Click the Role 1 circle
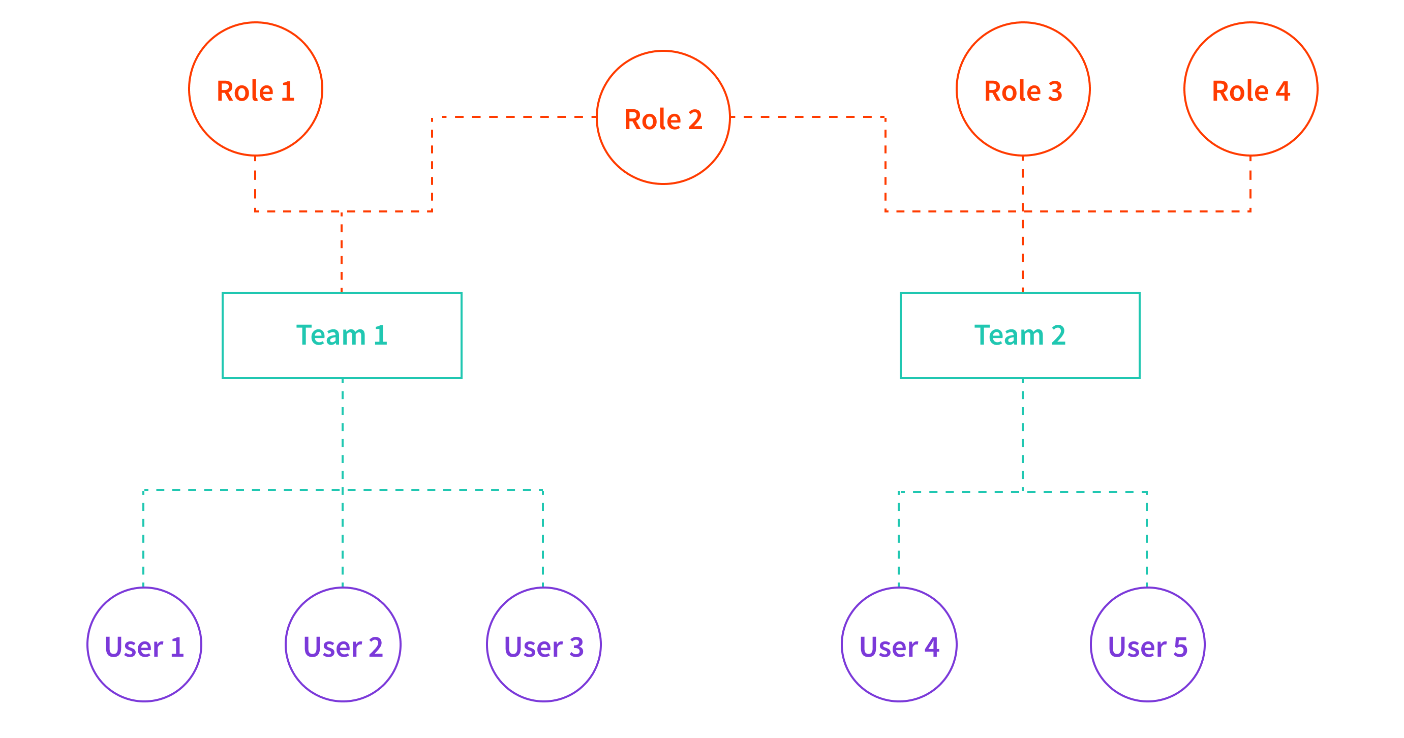coord(256,89)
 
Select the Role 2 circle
coord(663,118)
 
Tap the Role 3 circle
coord(1023,89)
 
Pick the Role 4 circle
coord(1251,89)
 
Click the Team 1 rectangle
coord(342,335)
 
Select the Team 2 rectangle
coord(1020,335)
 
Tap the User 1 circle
coord(144,644)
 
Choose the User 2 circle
coord(343,644)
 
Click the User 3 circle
coord(543,644)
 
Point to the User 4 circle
coord(899,644)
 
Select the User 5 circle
coord(1147,644)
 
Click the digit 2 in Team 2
coord(1058,335)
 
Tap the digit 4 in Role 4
coord(1283,91)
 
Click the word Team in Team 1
coord(330,335)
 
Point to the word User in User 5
coord(1137,648)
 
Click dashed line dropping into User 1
coord(143,540)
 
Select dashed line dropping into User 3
coord(543,540)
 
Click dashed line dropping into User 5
coord(1147,540)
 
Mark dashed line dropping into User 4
coord(899,540)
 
